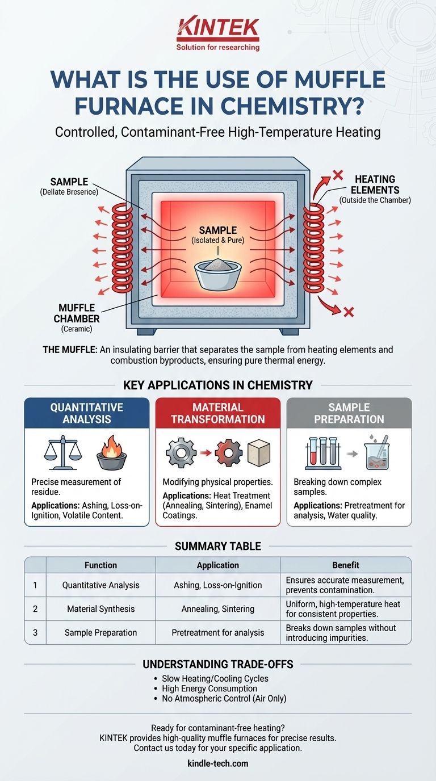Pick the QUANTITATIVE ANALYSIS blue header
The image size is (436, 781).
86,413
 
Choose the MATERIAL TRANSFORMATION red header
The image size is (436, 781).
218,413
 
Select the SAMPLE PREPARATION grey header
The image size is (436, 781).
349,413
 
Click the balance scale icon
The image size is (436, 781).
62,452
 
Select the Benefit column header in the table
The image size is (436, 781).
346,565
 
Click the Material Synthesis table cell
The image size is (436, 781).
100,608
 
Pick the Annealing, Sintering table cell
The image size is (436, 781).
218,608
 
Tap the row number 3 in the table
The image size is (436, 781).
35,632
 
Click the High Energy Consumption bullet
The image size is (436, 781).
209,688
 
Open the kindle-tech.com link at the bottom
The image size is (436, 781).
218,763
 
